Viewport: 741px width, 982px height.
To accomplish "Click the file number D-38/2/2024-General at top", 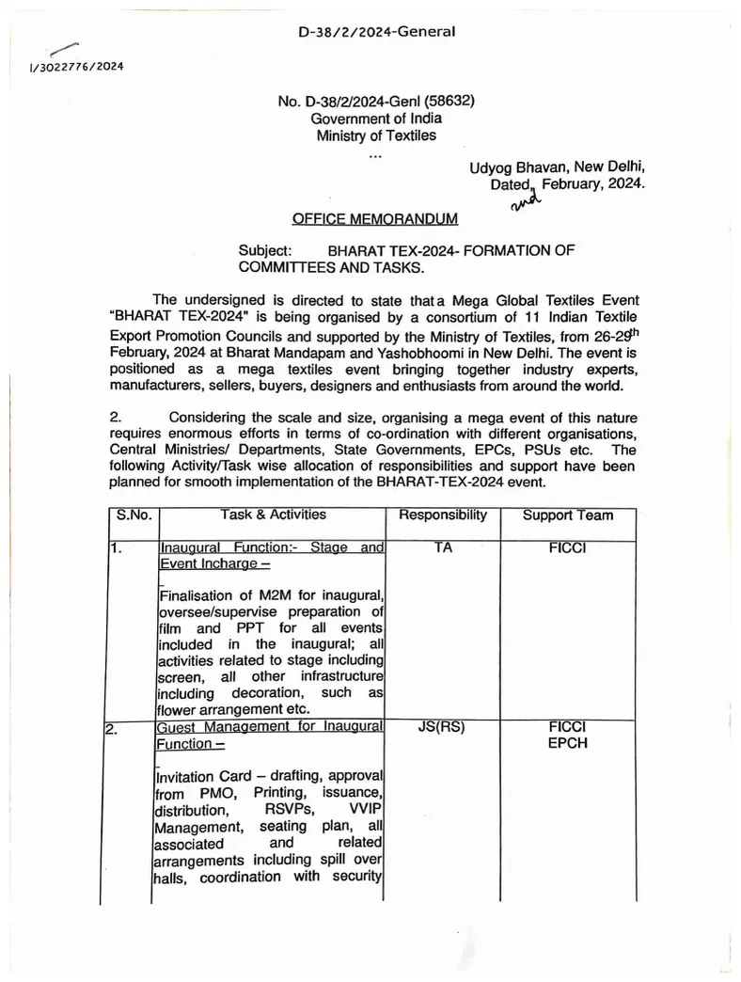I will click(x=376, y=32).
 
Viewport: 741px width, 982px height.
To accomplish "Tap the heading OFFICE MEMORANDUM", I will click(x=375, y=218).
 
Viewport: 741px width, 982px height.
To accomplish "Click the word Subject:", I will click(x=266, y=251).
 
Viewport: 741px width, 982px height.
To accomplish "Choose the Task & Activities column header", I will click(x=273, y=515).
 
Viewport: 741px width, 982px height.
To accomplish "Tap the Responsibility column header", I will click(x=443, y=515).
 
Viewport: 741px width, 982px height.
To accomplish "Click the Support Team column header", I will click(x=567, y=515).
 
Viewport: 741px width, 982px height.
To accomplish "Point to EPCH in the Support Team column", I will click(x=567, y=743).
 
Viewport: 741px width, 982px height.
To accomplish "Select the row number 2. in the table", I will click(x=111, y=727).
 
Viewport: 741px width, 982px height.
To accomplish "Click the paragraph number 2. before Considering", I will click(x=116, y=417).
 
